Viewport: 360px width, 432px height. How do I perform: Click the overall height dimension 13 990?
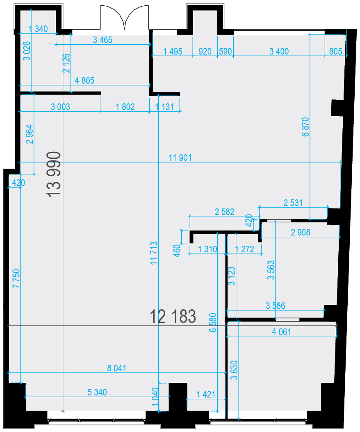pos(54,174)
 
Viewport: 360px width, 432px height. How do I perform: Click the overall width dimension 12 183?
pos(173,316)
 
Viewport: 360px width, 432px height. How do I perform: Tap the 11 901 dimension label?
pos(180,158)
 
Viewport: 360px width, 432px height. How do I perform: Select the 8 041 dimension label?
pos(117,368)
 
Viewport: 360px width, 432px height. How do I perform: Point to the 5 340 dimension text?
pos(97,392)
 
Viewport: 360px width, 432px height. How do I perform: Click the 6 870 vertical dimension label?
pos(306,127)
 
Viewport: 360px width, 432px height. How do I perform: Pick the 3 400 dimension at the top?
pos(279,52)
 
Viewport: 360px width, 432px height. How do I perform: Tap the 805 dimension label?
pos(336,52)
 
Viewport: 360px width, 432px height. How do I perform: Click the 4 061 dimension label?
pos(282,332)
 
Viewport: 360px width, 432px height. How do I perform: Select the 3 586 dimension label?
pos(276,306)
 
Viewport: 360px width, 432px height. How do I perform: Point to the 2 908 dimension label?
pos(301,233)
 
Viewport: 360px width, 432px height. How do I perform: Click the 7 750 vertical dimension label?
pos(16,279)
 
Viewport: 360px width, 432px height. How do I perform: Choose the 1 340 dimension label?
pos(38,29)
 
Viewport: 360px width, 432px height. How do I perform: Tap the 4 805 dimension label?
pos(84,81)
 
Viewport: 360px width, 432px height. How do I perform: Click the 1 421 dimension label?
pos(206,395)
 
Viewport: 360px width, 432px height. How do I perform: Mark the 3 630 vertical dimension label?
pos(234,370)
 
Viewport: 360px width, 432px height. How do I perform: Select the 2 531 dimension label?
pos(293,203)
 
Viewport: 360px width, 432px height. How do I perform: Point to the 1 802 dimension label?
pos(125,107)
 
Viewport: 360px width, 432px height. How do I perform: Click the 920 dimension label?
pos(205,52)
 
